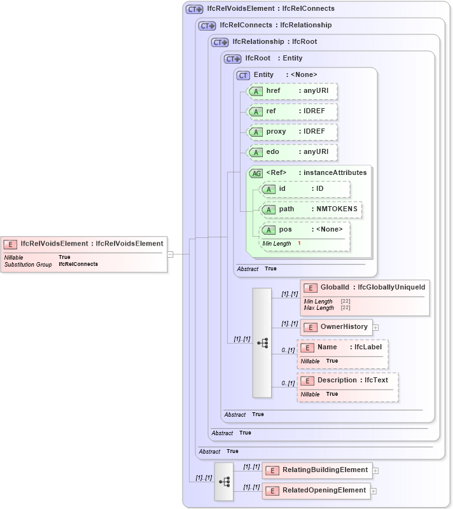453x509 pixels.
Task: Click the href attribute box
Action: [292, 91]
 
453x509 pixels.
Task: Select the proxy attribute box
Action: [292, 132]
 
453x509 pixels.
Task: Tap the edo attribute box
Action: [292, 152]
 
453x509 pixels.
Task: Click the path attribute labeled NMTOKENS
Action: [311, 209]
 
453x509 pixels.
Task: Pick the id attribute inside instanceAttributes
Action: [305, 189]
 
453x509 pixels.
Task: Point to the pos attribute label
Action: [286, 230]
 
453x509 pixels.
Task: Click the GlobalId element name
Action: [337, 288]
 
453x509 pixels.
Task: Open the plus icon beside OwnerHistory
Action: [375, 327]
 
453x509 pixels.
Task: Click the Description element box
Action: [347, 380]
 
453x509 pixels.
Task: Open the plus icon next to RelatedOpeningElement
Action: [373, 491]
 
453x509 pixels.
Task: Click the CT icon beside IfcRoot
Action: [232, 59]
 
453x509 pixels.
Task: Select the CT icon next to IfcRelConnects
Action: [207, 26]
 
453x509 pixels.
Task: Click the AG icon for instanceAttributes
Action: [256, 173]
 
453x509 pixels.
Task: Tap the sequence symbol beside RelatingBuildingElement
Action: [224, 481]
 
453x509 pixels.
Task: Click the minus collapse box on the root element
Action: [170, 254]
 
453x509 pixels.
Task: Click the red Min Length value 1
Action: [299, 244]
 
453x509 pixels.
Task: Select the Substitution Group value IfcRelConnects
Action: [78, 264]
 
